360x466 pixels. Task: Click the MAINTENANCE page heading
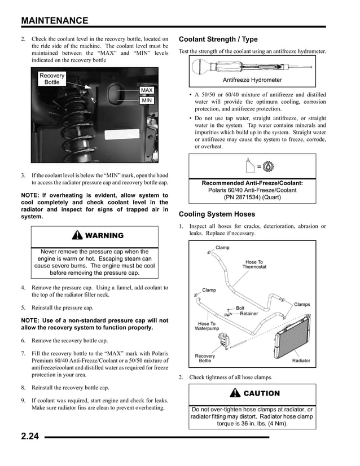(55, 21)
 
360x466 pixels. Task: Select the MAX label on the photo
(146, 90)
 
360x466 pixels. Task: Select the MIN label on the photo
(146, 100)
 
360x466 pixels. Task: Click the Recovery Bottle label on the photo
(52, 78)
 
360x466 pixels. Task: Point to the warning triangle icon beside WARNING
(76, 235)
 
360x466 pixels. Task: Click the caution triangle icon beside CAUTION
(234, 393)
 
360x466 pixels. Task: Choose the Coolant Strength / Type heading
(218, 39)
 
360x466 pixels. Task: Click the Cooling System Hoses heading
(217, 214)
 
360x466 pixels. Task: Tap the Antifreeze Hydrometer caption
(252, 80)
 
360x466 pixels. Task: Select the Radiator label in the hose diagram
(304, 361)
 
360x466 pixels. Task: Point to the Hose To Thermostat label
(254, 264)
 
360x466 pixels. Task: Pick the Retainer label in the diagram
(248, 314)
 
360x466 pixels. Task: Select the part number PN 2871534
(252, 198)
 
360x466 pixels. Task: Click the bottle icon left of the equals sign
(250, 166)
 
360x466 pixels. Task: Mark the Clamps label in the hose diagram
(302, 305)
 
